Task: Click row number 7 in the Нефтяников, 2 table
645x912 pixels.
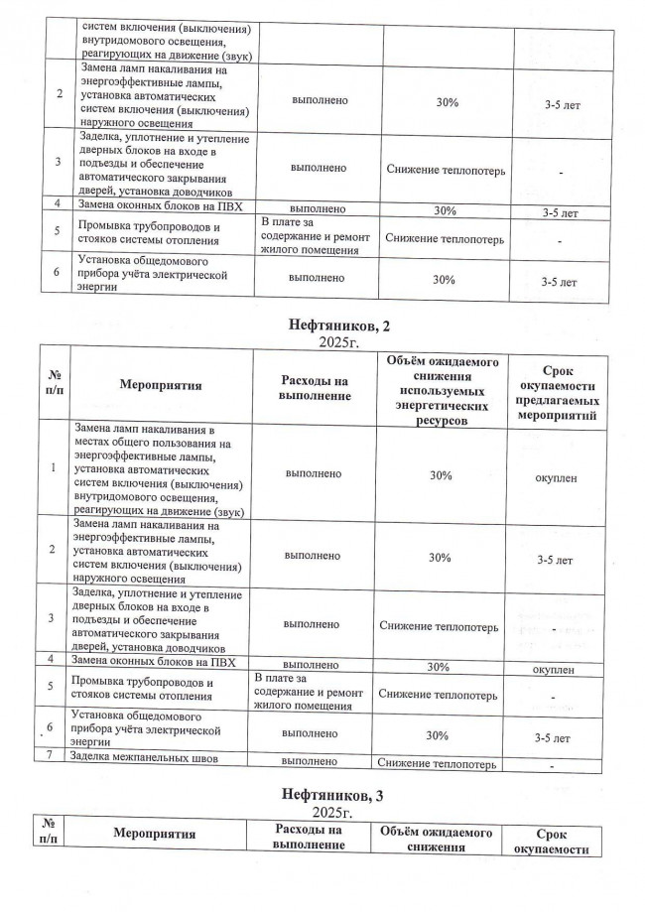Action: click(50, 759)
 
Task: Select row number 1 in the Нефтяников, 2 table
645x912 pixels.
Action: click(52, 467)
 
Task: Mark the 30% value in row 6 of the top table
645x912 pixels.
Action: click(445, 281)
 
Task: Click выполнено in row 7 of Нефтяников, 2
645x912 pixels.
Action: click(312, 761)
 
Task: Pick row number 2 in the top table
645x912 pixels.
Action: click(62, 93)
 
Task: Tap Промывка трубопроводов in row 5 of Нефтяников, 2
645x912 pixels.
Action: click(142, 691)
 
